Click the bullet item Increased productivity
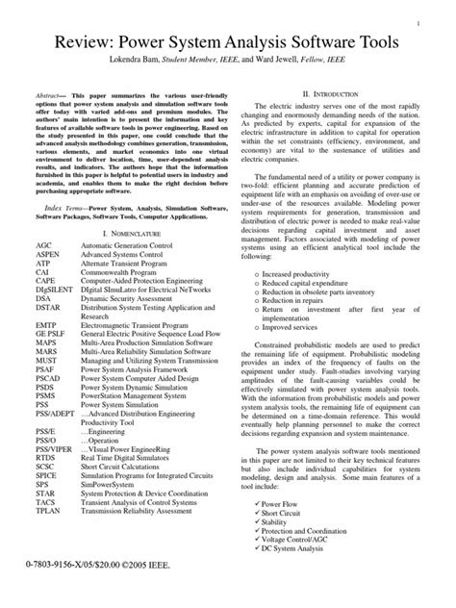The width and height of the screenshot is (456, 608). click(x=309, y=274)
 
